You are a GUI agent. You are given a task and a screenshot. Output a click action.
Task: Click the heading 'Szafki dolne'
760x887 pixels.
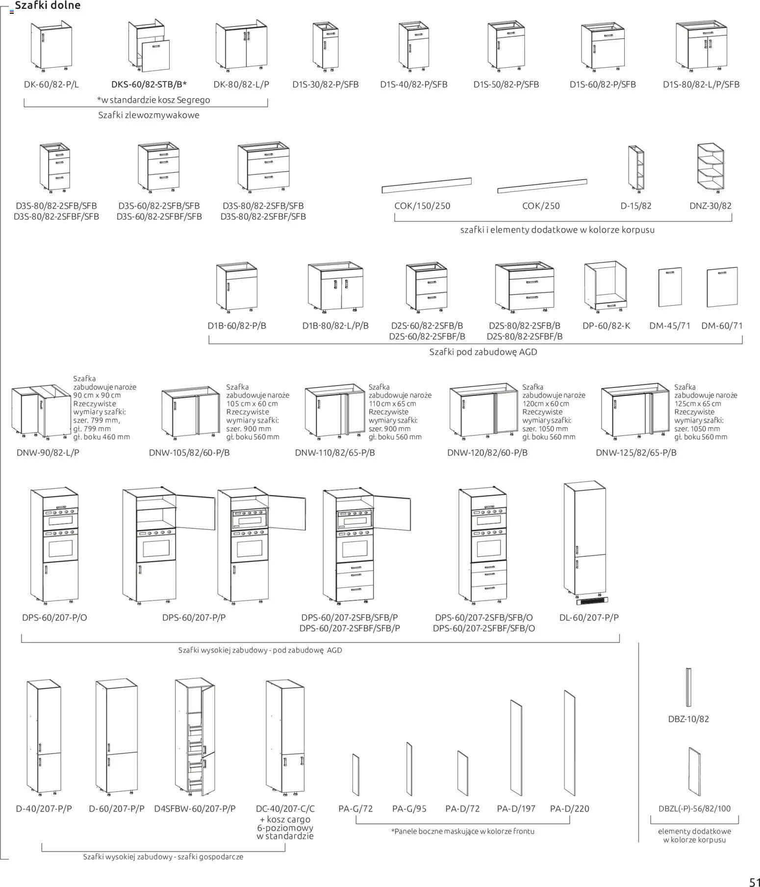point(48,6)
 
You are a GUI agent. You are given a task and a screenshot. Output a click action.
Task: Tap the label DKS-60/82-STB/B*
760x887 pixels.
point(149,84)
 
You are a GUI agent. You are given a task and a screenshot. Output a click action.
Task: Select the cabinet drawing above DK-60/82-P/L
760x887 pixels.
point(51,45)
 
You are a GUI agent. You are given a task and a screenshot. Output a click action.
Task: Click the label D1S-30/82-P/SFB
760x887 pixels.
point(326,84)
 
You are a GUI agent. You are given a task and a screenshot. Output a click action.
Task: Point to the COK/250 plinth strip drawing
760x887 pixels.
point(542,185)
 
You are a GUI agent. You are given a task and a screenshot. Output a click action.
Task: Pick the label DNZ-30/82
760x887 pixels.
point(710,206)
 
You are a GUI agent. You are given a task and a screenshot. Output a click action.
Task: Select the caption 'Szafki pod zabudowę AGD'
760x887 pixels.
point(483,352)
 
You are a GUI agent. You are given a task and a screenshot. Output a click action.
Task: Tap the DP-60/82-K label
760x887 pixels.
point(606,326)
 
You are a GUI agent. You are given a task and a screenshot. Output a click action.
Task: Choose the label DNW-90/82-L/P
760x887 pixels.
point(48,452)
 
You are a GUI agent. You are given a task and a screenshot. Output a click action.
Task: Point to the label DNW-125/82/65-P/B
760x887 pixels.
point(636,452)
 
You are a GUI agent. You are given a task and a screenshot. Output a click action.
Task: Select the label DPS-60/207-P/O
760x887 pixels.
point(54,618)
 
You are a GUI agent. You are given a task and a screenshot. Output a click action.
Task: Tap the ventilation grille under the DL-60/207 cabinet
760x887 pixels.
point(592,600)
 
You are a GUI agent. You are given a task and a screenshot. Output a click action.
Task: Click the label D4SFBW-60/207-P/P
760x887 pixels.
point(195,809)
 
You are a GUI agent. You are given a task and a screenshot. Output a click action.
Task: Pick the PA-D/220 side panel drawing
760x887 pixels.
point(569,743)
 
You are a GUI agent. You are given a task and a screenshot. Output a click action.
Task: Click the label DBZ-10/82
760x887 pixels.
point(688,719)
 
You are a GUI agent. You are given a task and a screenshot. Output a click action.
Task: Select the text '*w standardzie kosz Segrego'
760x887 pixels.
point(153,100)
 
